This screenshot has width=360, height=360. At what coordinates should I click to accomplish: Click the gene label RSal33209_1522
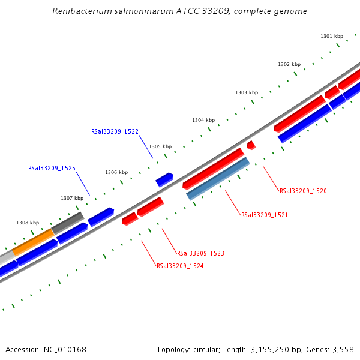click(115, 131)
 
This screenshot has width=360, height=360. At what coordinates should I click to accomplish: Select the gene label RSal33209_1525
click(52, 168)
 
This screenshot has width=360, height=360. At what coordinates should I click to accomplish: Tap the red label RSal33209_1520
click(303, 191)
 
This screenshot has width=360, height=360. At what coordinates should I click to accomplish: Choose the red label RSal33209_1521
click(265, 215)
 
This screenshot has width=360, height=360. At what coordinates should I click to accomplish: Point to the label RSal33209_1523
click(200, 253)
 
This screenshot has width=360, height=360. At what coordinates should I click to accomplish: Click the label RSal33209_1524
click(180, 266)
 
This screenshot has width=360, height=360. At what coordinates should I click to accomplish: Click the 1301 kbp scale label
click(332, 36)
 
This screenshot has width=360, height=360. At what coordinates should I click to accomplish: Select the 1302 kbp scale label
click(289, 64)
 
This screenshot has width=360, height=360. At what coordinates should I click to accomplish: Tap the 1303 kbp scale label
click(246, 92)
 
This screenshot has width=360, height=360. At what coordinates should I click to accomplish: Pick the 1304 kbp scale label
click(203, 120)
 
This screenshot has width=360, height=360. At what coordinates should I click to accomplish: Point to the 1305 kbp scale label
click(160, 146)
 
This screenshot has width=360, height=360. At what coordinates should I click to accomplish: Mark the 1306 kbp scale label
click(116, 172)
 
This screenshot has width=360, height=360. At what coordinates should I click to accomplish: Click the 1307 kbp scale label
click(72, 198)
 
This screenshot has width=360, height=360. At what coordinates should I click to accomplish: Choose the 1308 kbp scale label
click(28, 223)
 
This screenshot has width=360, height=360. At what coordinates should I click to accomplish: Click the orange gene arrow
click(33, 242)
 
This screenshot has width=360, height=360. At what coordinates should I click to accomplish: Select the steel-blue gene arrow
click(218, 179)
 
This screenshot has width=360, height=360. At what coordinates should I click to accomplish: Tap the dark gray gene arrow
click(67, 223)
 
